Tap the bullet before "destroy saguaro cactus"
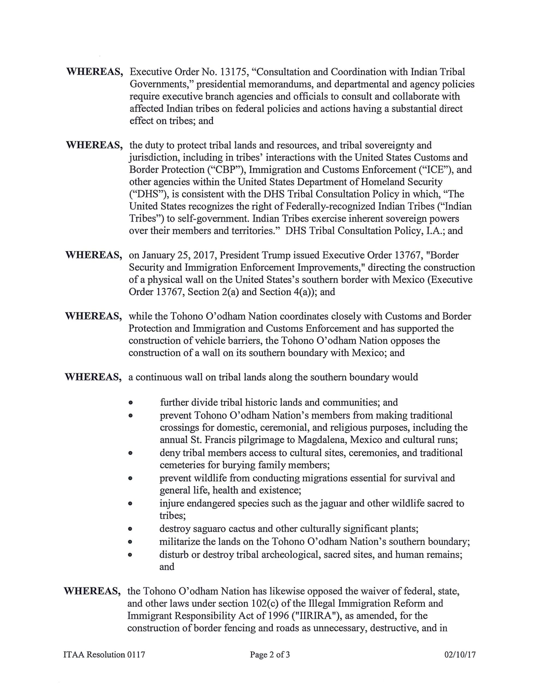[x=130, y=529]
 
